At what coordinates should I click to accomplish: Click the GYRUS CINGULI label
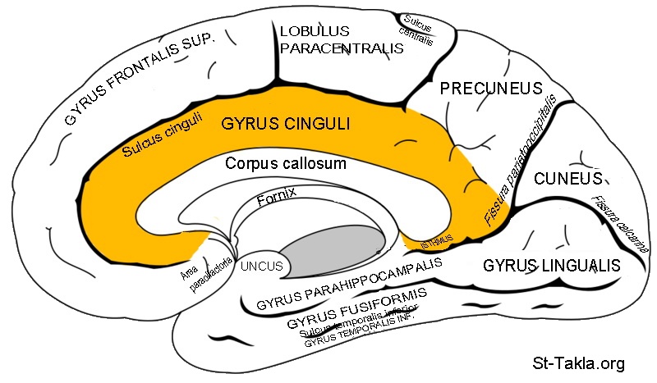click(286, 124)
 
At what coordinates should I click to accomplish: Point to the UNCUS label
click(261, 266)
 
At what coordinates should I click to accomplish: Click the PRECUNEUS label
click(491, 88)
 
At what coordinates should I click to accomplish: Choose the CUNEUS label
click(568, 178)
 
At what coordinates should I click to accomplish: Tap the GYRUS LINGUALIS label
click(551, 266)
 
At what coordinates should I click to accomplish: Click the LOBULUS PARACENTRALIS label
click(342, 39)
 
